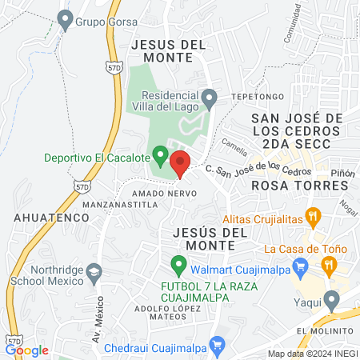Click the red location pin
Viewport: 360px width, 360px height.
(x=180, y=163)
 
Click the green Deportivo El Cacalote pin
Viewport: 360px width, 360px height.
(x=160, y=154)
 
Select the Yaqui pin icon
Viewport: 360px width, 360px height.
(x=333, y=300)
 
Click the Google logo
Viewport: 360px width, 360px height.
(x=26, y=350)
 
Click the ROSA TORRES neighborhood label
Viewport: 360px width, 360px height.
(x=300, y=185)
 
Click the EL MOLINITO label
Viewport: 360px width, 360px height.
(x=324, y=330)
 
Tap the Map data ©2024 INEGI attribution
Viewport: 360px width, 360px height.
(x=311, y=354)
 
